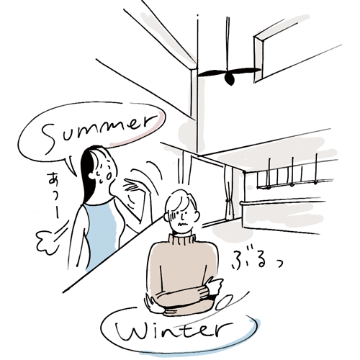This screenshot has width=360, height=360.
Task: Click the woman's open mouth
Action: tap(109, 176)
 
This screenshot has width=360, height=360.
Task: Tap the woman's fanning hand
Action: tap(135, 185)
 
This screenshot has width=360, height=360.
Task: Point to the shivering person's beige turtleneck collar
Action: tap(181, 239)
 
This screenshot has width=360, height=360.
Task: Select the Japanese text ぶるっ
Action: tap(256, 261)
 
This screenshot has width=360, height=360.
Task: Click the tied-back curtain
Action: tap(228, 193)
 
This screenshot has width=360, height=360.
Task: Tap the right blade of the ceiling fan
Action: tap(246, 71)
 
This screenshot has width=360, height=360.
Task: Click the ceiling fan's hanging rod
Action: tap(228, 43)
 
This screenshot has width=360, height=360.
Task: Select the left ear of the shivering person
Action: tap(166, 217)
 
